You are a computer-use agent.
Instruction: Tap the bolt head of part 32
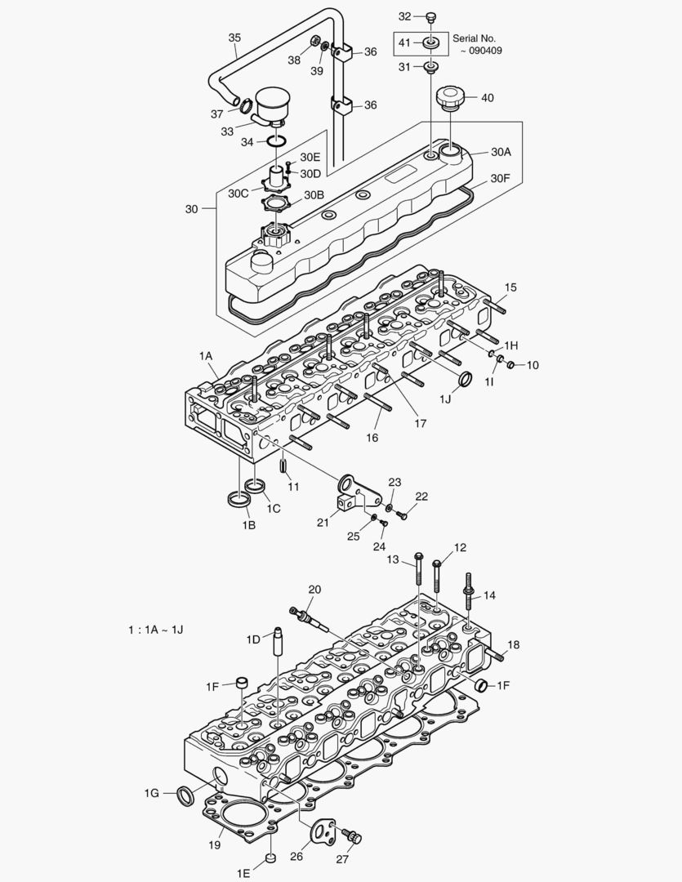(x=431, y=16)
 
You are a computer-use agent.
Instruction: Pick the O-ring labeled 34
(x=277, y=142)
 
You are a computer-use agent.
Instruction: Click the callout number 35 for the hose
(x=234, y=38)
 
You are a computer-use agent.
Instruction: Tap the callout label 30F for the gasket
(x=501, y=177)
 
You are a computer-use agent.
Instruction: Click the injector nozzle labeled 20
(x=310, y=617)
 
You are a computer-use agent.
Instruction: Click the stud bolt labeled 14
(x=470, y=590)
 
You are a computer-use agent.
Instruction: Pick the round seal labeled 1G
(x=186, y=792)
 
